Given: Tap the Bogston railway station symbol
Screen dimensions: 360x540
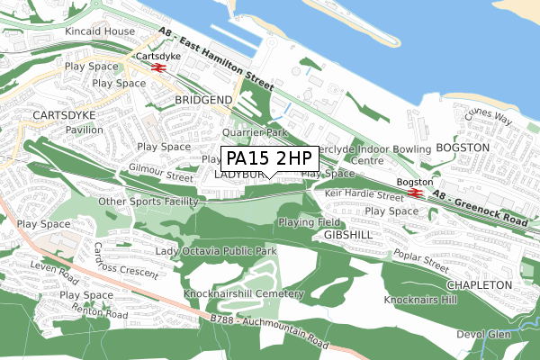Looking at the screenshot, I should (415, 192).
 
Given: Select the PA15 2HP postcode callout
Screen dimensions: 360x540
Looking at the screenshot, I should (269, 158).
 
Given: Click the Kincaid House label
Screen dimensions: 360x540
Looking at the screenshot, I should (99, 32).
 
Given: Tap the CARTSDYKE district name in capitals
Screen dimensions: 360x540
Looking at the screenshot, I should (62, 116).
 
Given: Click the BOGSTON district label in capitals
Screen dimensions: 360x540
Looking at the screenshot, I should (462, 147).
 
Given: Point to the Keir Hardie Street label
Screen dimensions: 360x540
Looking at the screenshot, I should (364, 194).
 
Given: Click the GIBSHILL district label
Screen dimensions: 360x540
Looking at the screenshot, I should (341, 234).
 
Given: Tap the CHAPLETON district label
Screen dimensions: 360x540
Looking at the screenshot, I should (481, 284).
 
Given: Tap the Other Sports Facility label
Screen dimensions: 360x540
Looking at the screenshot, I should (148, 202).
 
